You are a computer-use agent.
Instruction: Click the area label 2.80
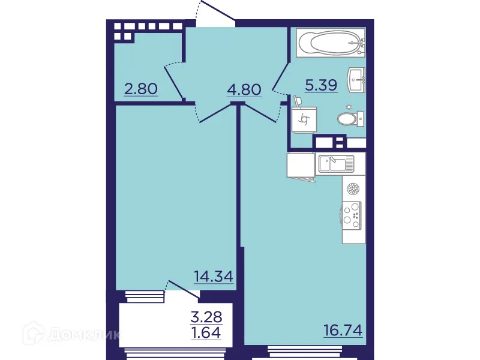141,89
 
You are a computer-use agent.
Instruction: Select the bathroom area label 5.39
321,86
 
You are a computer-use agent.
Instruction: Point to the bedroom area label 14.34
213,276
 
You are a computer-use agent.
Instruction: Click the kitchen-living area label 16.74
343,330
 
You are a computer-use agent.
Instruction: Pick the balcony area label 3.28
206,316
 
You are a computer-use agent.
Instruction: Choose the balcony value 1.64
206,331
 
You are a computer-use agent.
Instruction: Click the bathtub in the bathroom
329,43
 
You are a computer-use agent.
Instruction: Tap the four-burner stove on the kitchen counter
353,215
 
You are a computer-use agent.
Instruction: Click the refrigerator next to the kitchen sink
301,165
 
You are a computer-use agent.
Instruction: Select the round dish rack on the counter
354,189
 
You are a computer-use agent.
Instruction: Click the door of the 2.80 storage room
174,82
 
